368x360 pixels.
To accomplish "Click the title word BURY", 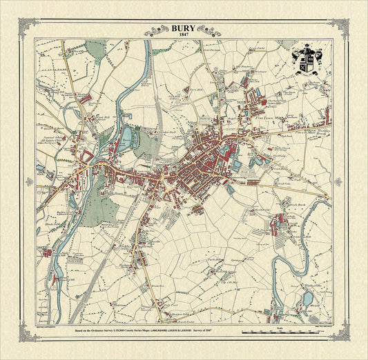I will click(x=184, y=28).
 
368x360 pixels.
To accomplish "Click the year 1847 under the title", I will click(x=184, y=35).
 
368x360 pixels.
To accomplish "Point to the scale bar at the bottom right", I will click(x=284, y=332).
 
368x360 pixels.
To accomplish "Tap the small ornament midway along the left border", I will click(x=29, y=181).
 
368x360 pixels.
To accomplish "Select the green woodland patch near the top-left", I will click(x=97, y=48).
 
